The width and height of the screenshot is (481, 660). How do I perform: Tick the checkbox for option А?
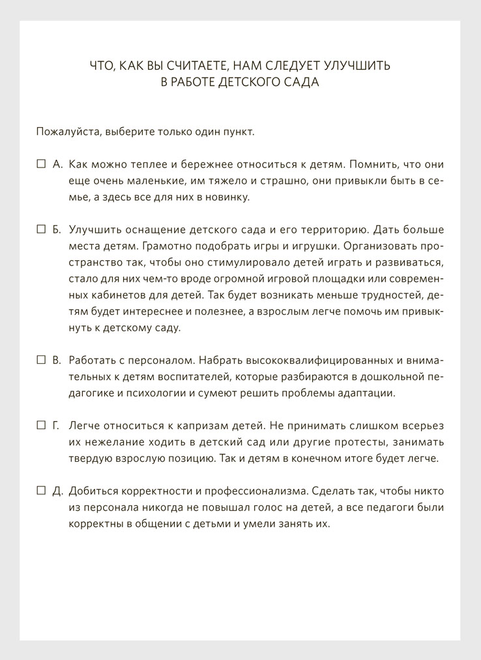click(40, 164)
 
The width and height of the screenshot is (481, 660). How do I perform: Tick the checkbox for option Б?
click(40, 230)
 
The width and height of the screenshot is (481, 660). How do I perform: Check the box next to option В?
click(40, 360)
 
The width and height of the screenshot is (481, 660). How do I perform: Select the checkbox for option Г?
click(40, 425)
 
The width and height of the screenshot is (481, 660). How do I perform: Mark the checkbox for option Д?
click(40, 490)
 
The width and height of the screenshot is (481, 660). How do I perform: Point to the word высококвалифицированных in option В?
click(310, 360)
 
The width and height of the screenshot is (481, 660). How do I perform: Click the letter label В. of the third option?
click(57, 360)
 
